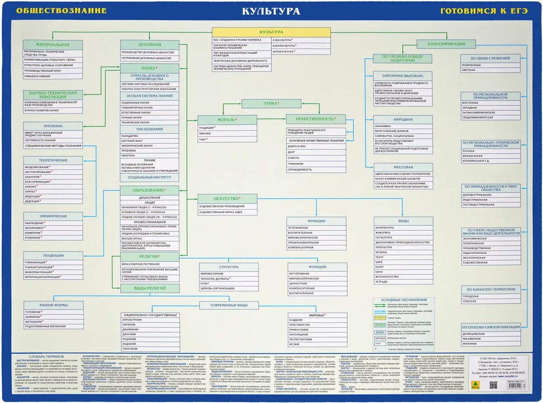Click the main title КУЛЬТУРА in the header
271,11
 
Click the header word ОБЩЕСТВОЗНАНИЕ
62,11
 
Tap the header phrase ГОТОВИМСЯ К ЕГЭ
484,11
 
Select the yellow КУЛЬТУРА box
271,32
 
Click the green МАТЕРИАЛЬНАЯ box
53,45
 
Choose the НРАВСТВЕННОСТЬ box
315,119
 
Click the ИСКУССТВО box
227,198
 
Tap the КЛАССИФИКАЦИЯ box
446,44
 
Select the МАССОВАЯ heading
403,167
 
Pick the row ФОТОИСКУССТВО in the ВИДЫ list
388,276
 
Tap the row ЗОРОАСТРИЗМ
132,320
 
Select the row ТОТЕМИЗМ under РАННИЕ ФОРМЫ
34,311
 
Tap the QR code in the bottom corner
493,385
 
